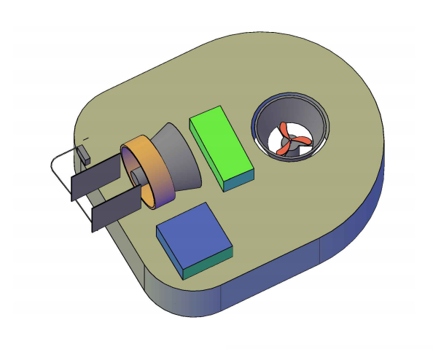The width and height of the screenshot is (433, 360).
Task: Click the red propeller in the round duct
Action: (290, 138)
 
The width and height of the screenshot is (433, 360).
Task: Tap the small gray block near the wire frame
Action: (84, 154)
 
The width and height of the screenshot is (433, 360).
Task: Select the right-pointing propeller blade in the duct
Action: (302, 141)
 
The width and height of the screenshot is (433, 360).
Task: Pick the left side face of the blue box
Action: (169, 251)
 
